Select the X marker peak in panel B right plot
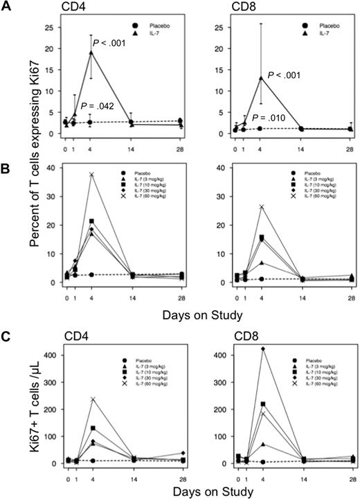(260, 206)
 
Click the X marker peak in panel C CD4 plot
(91, 399)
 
